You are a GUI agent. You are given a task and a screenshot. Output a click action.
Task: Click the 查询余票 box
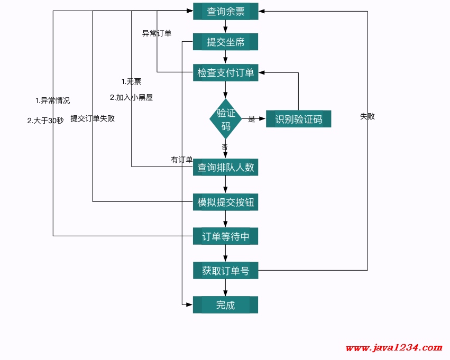pyautogui.click(x=226, y=12)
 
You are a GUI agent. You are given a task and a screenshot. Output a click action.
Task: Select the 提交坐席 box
pyautogui.click(x=226, y=42)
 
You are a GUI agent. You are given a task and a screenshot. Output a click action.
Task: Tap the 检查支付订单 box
pyautogui.click(x=226, y=72)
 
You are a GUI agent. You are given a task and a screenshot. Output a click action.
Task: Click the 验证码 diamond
pyautogui.click(x=226, y=119)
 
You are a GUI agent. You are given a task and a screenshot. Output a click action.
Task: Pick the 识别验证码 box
pyautogui.click(x=298, y=119)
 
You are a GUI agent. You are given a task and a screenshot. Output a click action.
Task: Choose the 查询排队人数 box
pyautogui.click(x=226, y=167)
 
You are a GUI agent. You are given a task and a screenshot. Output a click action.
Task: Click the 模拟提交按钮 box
pyautogui.click(x=226, y=202)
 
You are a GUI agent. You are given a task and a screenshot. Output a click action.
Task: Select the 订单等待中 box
pyautogui.click(x=226, y=236)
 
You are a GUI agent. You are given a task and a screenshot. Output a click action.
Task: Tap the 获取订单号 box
pyautogui.click(x=226, y=271)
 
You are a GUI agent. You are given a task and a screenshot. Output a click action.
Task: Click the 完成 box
pyautogui.click(x=226, y=305)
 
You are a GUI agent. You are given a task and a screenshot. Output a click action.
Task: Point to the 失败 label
pyautogui.click(x=368, y=116)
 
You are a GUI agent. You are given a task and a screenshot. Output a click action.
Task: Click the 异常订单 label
pyautogui.click(x=157, y=33)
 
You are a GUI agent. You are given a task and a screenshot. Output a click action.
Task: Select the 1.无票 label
pyautogui.click(x=131, y=81)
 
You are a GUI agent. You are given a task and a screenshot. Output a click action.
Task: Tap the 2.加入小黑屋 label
pyautogui.click(x=131, y=97)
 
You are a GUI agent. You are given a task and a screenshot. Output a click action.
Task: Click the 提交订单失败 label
pyautogui.click(x=93, y=118)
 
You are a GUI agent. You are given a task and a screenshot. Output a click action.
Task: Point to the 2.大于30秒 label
pyautogui.click(x=45, y=121)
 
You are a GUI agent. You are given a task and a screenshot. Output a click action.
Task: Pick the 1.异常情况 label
pyautogui.click(x=52, y=100)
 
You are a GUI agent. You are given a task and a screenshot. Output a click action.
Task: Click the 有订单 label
pyautogui.click(x=182, y=160)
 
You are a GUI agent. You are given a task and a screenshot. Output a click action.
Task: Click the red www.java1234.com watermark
pyautogui.click(x=394, y=348)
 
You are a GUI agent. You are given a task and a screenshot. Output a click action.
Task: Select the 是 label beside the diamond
pyautogui.click(x=252, y=119)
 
